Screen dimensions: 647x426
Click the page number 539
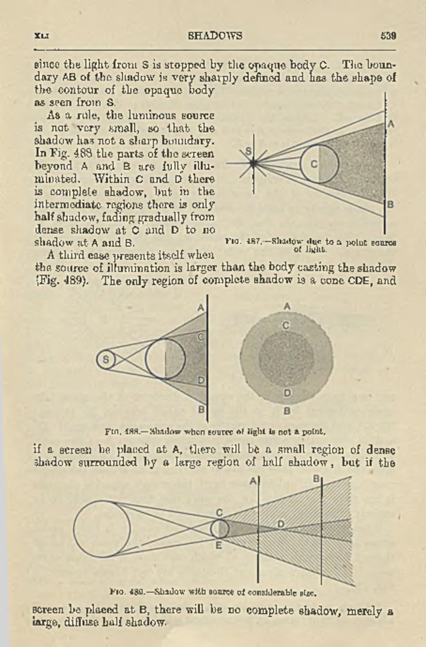[388, 36]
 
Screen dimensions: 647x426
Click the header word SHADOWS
[215, 36]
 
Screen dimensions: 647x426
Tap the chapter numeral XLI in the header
[42, 36]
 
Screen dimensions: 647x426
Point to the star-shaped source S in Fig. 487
[253, 163]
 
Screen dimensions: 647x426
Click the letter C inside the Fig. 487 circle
[314, 164]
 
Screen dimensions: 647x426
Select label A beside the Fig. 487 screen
[391, 124]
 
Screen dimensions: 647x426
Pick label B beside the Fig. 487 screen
[390, 205]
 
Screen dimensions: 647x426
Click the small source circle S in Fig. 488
[106, 360]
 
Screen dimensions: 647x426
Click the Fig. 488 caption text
[215, 432]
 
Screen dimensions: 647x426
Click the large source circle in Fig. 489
[102, 529]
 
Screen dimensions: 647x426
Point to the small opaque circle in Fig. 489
[220, 529]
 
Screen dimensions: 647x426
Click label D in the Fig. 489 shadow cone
[281, 524]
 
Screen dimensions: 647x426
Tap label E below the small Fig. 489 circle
[219, 546]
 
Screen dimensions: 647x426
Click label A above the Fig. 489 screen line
[253, 481]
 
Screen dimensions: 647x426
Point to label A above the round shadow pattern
[287, 306]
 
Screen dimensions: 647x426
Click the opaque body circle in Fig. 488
[165, 359]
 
